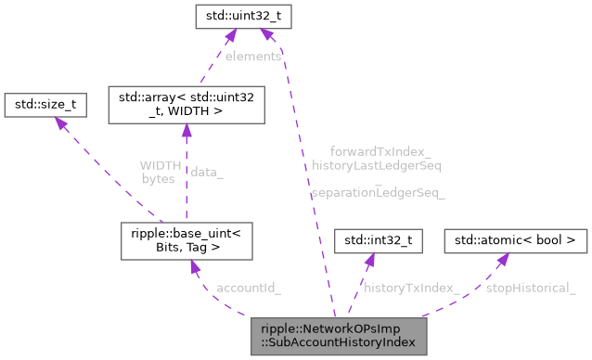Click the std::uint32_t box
[237, 16]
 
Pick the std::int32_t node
[379, 241]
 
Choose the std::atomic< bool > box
[516, 241]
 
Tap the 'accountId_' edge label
[248, 288]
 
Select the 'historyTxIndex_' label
[412, 288]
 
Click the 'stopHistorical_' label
[531, 288]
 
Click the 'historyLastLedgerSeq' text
[377, 166]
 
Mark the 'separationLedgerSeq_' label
[379, 193]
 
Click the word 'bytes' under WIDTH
[158, 179]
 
